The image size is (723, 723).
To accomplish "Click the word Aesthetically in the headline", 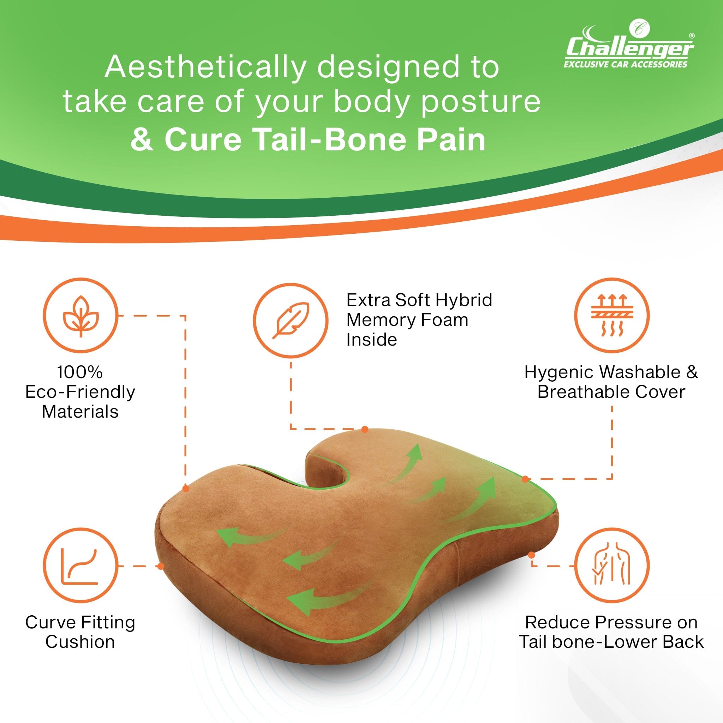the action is (x=205, y=68).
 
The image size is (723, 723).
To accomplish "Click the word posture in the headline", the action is (x=480, y=103).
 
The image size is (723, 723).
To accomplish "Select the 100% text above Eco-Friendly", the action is (x=80, y=372).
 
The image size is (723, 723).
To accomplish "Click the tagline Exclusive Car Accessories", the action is (x=625, y=64).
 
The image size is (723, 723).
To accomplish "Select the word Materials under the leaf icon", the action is (x=80, y=412).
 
